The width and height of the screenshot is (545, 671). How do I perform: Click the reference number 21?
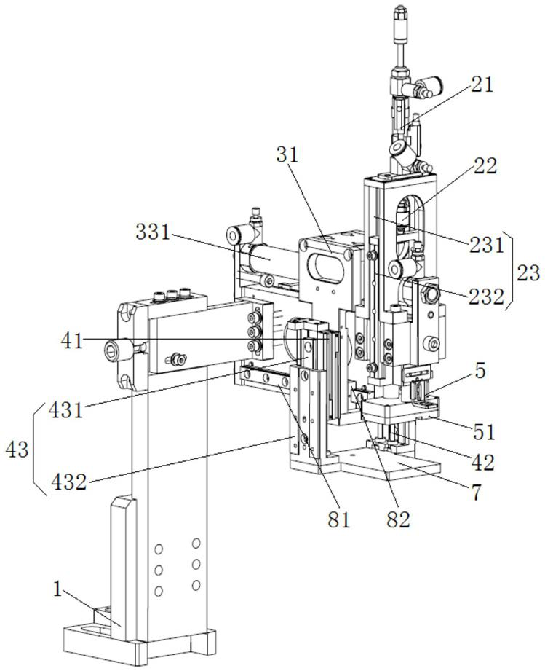482,85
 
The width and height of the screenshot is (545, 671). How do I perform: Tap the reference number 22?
486,165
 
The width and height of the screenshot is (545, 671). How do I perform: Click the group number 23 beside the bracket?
529,272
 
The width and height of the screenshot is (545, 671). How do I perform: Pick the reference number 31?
287,155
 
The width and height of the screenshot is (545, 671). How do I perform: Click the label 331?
153,232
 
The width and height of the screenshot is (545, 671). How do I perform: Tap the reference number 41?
72,341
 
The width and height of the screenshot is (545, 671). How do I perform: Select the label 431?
66,410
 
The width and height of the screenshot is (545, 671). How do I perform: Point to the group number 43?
17,450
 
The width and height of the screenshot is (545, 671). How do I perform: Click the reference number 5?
480,371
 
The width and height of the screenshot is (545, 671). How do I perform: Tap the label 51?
484,431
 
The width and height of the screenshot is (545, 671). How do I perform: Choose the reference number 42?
482,462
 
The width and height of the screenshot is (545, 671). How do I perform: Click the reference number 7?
476,492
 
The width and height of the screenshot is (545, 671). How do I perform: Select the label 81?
339,519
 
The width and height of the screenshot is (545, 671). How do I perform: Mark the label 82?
399,519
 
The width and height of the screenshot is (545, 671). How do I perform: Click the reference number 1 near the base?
57,589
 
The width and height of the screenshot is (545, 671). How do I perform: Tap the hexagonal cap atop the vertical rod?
399,13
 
